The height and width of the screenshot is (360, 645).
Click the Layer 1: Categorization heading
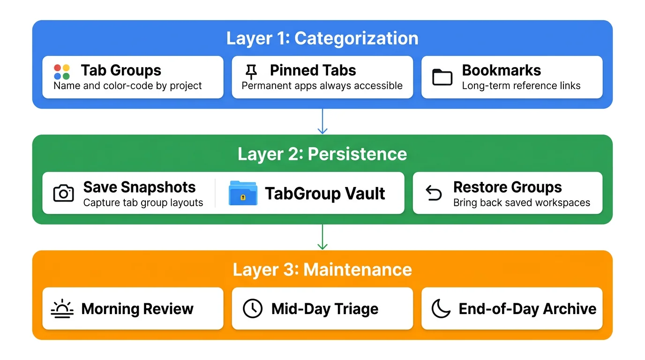(322, 38)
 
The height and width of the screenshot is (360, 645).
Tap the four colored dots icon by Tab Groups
(62, 72)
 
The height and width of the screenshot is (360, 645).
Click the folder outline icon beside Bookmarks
(442, 77)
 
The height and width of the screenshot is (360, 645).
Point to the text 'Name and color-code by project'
(127, 86)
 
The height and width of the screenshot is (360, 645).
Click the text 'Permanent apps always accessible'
(322, 86)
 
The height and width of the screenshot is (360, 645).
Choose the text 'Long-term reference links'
(521, 86)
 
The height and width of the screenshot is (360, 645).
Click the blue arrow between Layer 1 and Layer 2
(322, 122)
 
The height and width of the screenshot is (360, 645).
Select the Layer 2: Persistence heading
(322, 154)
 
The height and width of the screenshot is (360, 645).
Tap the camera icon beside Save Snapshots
(63, 193)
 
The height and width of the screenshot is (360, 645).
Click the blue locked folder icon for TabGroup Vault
(242, 194)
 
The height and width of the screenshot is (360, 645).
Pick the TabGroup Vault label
(325, 194)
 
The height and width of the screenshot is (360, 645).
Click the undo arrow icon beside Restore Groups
(434, 193)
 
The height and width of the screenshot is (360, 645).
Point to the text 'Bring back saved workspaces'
(521, 203)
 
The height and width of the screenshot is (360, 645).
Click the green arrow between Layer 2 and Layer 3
(322, 237)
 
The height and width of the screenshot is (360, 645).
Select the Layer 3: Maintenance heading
(322, 270)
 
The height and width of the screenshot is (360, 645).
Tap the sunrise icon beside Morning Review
(62, 309)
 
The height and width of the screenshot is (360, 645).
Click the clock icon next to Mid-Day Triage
(252, 309)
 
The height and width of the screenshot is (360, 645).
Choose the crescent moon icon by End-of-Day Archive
(441, 309)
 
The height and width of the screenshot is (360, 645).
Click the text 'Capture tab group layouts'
(143, 203)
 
